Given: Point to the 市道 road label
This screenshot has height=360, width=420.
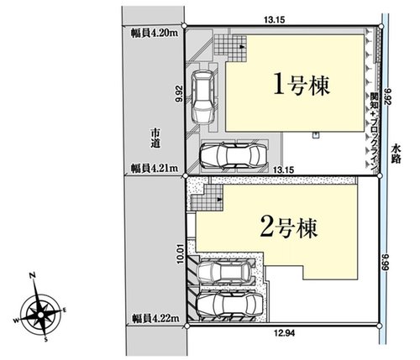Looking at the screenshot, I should click(155, 139).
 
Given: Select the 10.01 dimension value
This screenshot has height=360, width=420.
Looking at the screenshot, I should click(180, 252).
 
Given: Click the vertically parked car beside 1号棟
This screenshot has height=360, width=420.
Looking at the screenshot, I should click(203, 95).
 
